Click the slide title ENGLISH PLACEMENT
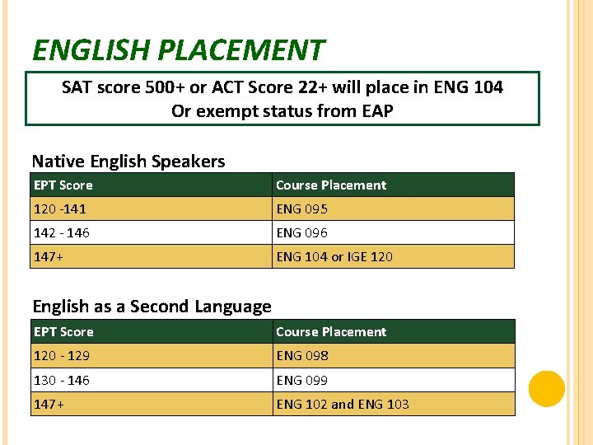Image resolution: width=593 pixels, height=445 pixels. pyautogui.click(x=178, y=51)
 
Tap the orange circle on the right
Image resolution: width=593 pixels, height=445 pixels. pyautogui.click(x=546, y=389)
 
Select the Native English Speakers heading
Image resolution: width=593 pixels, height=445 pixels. pyautogui.click(x=128, y=162)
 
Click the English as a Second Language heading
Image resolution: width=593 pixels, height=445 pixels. pyautogui.click(x=152, y=307)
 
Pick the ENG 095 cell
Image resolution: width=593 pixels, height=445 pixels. pyautogui.click(x=302, y=209)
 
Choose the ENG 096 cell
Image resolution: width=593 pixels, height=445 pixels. pyautogui.click(x=302, y=233)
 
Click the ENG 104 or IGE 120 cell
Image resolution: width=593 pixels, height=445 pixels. pyautogui.click(x=334, y=257)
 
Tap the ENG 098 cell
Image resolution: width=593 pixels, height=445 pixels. pyautogui.click(x=302, y=356)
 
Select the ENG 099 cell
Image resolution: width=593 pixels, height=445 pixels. pyautogui.click(x=302, y=381)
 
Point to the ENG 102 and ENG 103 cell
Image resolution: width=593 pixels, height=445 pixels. pyautogui.click(x=343, y=405)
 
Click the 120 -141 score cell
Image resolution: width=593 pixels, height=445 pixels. pyautogui.click(x=60, y=209)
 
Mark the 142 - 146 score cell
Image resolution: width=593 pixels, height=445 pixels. pyautogui.click(x=62, y=233)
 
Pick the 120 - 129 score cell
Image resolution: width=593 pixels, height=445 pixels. pyautogui.click(x=62, y=356)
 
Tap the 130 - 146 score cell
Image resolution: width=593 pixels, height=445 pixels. pyautogui.click(x=62, y=381)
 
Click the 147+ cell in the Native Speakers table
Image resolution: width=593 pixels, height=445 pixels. pyautogui.click(x=49, y=257)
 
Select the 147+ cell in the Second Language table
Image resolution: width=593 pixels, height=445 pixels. pyautogui.click(x=49, y=405)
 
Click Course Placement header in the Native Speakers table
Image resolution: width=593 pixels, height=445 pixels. pyautogui.click(x=331, y=185)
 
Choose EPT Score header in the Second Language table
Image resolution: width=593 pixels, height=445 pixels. pyautogui.click(x=63, y=332)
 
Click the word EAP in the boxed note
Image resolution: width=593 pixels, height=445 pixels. pyautogui.click(x=376, y=110)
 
